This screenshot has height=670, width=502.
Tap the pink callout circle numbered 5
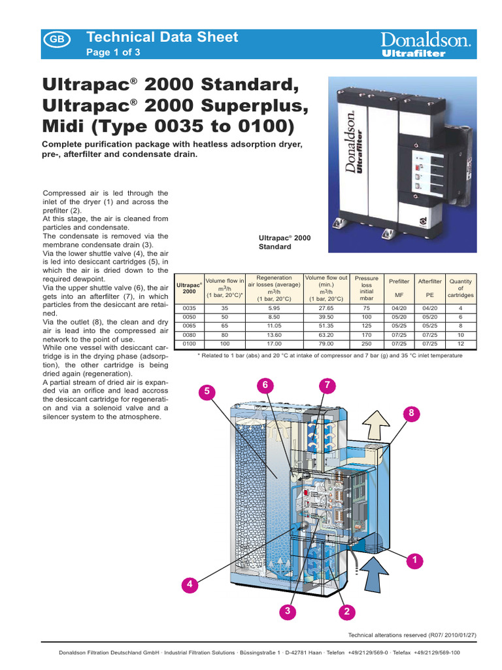click(x=207, y=391)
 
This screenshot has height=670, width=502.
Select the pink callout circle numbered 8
click(x=412, y=413)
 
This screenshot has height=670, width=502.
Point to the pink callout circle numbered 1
click(x=412, y=559)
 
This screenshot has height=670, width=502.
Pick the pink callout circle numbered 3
click(x=286, y=611)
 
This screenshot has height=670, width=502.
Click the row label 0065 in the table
click(x=189, y=325)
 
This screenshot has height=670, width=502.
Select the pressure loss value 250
click(x=366, y=343)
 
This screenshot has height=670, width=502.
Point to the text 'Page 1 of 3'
click(x=113, y=52)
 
